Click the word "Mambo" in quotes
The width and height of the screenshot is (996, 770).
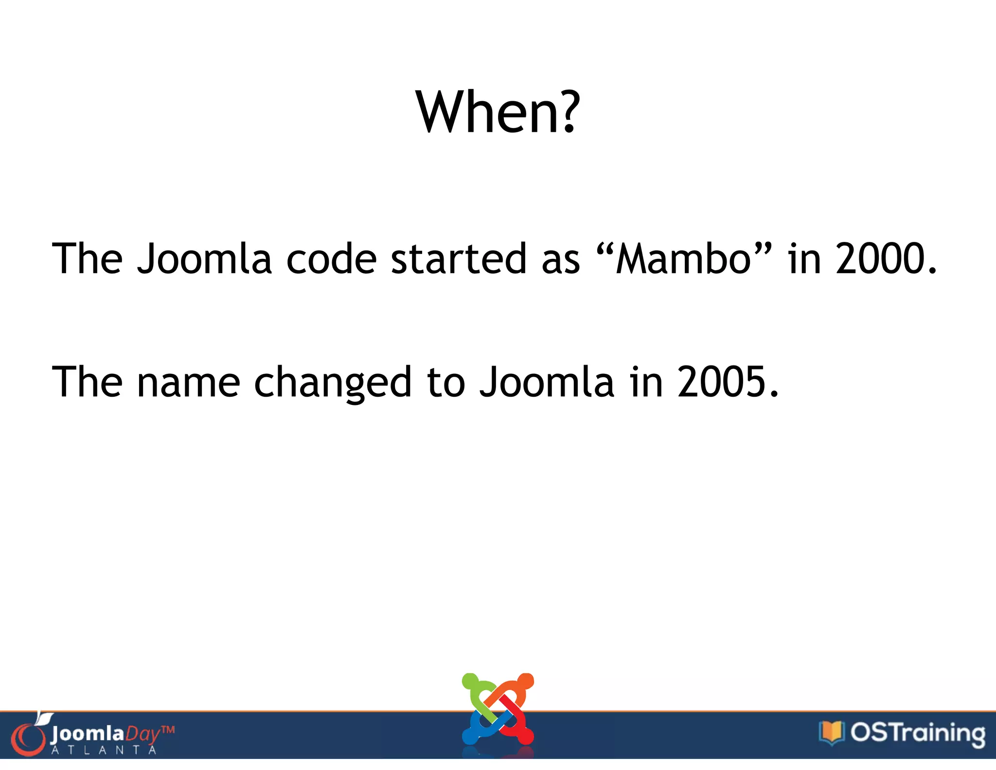(684, 259)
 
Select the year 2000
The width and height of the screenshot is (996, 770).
(880, 259)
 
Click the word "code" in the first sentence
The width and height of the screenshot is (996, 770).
(331, 259)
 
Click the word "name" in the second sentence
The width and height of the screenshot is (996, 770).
(189, 383)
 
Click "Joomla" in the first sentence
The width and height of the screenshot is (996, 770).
(204, 259)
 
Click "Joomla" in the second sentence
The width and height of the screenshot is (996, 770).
(547, 383)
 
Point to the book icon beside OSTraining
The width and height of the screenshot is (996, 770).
(831, 733)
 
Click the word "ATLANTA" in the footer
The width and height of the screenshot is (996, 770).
(104, 750)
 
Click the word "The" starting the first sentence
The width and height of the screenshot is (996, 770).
(88, 259)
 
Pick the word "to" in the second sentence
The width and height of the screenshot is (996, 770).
(446, 383)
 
